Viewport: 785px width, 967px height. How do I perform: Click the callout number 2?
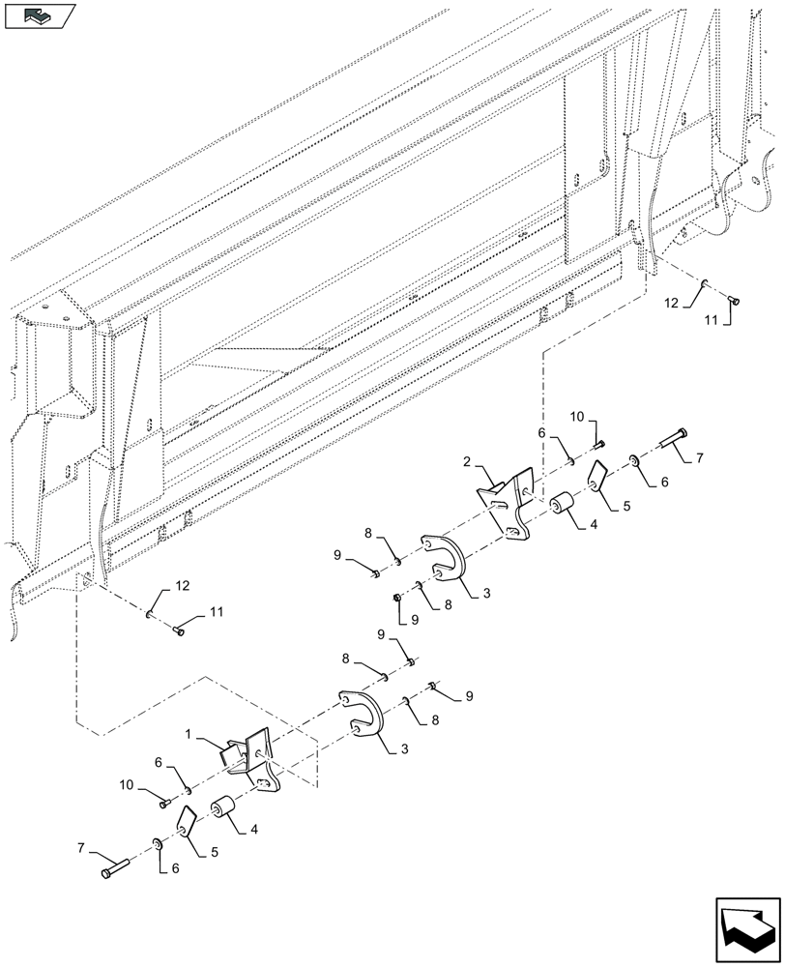pyautogui.click(x=467, y=463)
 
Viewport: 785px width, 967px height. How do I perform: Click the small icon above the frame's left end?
pyautogui.click(x=40, y=15)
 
